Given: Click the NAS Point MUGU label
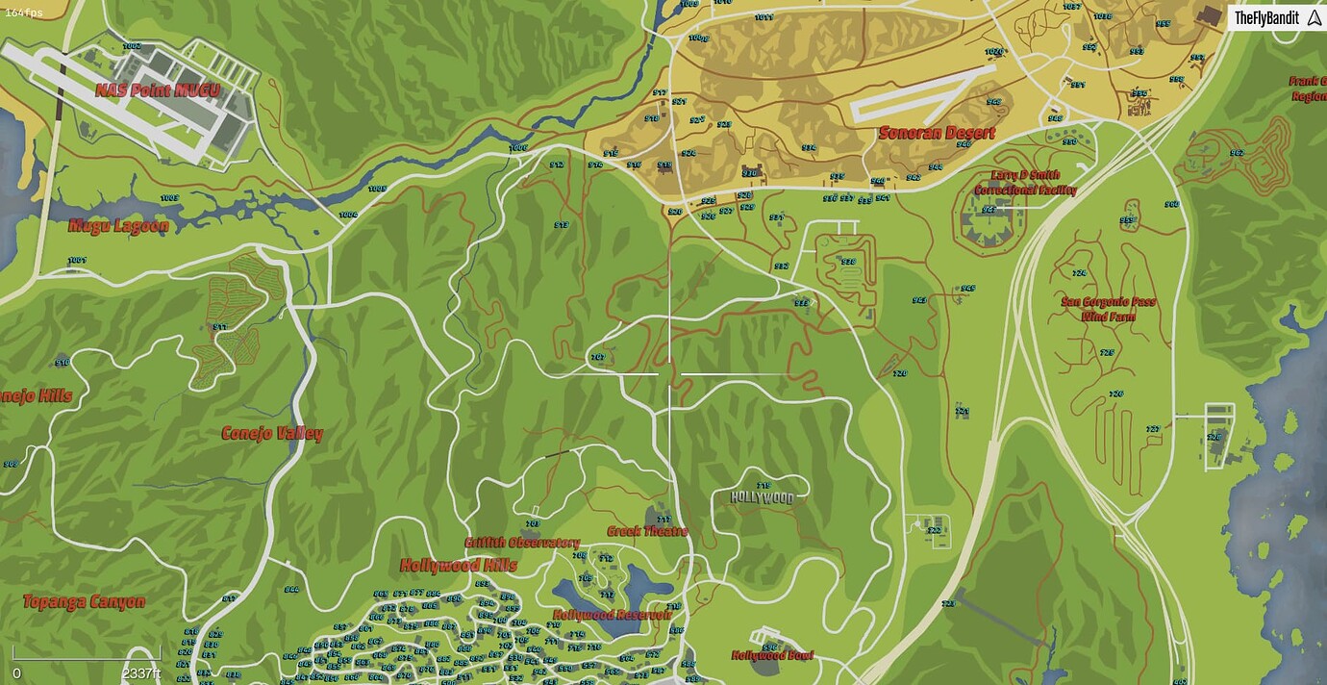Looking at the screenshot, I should pos(158,91).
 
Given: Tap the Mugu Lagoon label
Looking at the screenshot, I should pos(118,227).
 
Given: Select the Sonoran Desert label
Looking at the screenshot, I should pos(937,134).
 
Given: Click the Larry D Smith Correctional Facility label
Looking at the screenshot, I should pos(1025,183).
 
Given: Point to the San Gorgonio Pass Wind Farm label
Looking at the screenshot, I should pos(1108,308).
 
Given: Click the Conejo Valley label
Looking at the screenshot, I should pos(272,433).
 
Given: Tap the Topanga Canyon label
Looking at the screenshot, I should pos(85,602).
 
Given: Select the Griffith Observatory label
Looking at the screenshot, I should pos(522,543).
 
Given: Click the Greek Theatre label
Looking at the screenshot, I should pos(647,531).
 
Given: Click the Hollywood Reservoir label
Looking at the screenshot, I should pos(612,614).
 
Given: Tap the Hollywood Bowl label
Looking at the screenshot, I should pos(772,655).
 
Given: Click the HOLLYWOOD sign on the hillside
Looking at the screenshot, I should pos(762,497).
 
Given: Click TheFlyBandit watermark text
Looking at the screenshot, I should pos(1266,18).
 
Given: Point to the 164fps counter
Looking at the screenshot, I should pos(24,13).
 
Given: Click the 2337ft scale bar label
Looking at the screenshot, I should pos(141,673).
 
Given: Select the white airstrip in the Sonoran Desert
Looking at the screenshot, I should pos(923,93).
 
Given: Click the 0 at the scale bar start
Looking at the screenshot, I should pos(16,673).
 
